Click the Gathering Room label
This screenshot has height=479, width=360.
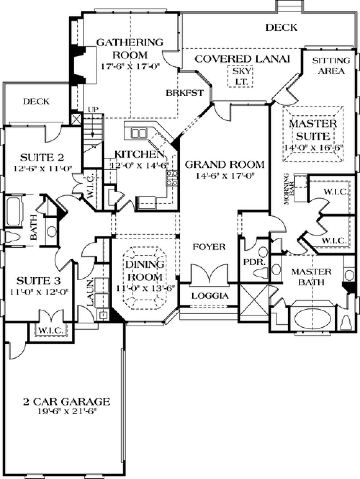pos(130,48)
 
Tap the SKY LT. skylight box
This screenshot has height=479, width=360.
pos(240,76)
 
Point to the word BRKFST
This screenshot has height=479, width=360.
pos(184,93)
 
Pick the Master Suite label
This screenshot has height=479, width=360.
pos(313,130)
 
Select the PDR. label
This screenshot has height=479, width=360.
pos(254,262)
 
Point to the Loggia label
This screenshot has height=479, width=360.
pos(210,296)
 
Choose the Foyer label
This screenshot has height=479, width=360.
pos(209,247)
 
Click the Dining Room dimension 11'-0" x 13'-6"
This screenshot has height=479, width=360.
pos(145,288)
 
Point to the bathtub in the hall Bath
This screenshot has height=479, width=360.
pos(15,211)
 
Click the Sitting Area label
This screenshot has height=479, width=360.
pos(331,66)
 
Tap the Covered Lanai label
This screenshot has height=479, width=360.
pos(242,59)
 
